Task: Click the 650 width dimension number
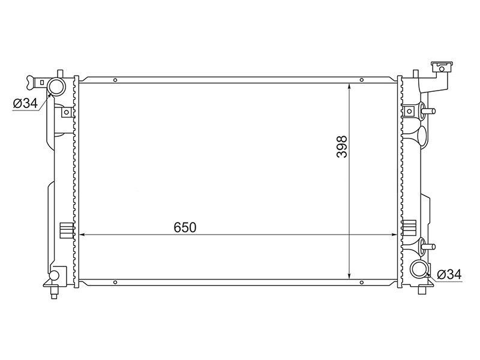click(185, 227)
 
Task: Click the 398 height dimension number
click(342, 146)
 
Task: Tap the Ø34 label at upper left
click(25, 103)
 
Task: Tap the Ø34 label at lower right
click(449, 274)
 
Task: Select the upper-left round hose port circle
click(56, 86)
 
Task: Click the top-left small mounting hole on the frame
click(115, 80)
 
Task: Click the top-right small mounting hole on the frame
click(362, 80)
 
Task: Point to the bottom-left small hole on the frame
click(115, 282)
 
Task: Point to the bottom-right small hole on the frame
click(362, 282)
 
